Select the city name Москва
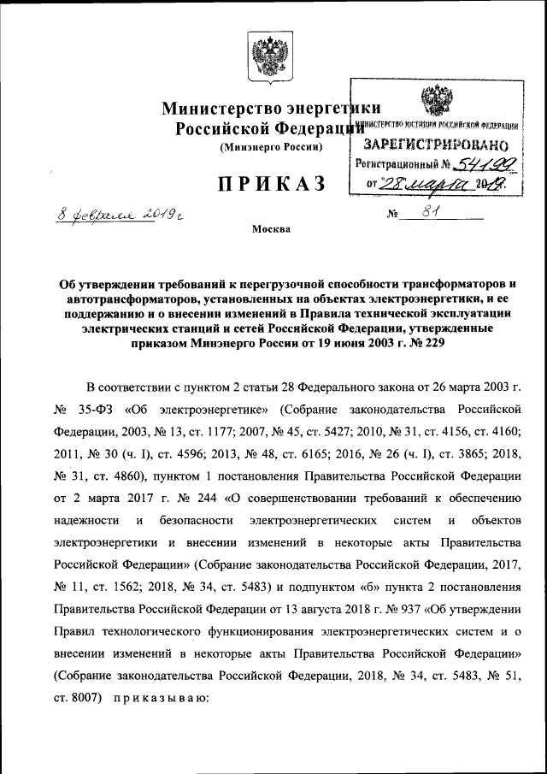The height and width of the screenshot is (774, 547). pos(271,229)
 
